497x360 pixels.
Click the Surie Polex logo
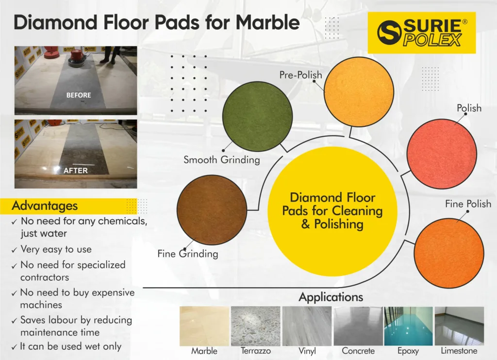click(422, 33)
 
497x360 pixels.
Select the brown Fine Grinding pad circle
click(212, 210)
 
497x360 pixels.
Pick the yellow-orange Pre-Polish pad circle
click(359, 92)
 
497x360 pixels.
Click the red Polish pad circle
click(442, 154)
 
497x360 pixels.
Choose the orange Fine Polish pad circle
click(449, 254)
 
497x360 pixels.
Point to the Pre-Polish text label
click(300, 75)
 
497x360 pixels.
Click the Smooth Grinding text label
click(221, 159)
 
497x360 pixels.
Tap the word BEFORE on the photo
click(79, 95)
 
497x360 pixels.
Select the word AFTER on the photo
click(75, 171)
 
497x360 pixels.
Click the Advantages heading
click(45, 206)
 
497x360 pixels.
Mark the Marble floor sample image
click(204, 326)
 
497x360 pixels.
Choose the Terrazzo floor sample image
click(255, 326)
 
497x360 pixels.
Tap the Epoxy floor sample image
click(408, 326)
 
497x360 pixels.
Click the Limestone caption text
click(459, 351)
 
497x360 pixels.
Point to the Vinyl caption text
click(307, 351)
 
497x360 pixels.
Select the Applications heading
click(331, 297)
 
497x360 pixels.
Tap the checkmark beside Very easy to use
click(14, 250)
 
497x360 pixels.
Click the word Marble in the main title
click(267, 22)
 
